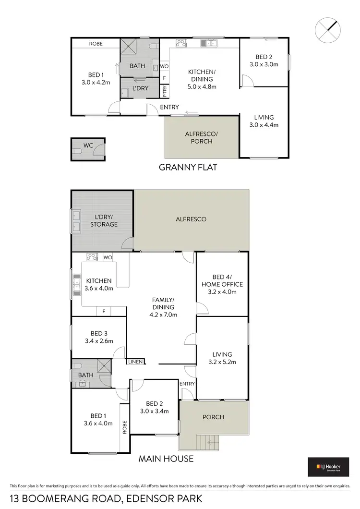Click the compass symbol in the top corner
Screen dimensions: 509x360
point(328,30)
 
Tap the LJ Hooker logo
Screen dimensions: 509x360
point(328,467)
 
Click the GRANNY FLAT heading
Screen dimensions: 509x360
point(188,167)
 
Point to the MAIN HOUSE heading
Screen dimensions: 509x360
point(166,459)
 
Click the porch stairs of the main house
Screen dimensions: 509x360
point(208,441)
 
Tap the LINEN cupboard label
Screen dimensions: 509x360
point(136,362)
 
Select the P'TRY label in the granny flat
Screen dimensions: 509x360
point(165,90)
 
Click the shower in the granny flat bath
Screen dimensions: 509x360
point(129,47)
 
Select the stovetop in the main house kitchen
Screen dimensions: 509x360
point(92,257)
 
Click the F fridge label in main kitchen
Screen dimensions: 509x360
point(103,312)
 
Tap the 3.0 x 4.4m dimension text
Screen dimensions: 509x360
point(264,125)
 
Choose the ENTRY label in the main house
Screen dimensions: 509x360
point(187,384)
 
